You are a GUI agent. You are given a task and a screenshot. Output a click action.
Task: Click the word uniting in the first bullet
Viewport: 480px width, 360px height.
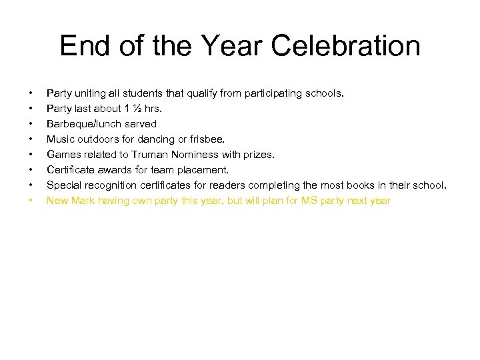(x=89, y=93)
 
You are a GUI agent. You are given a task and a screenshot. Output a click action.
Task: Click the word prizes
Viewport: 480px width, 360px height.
(x=257, y=155)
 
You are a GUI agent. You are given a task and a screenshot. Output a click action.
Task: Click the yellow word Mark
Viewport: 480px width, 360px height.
(x=83, y=201)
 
